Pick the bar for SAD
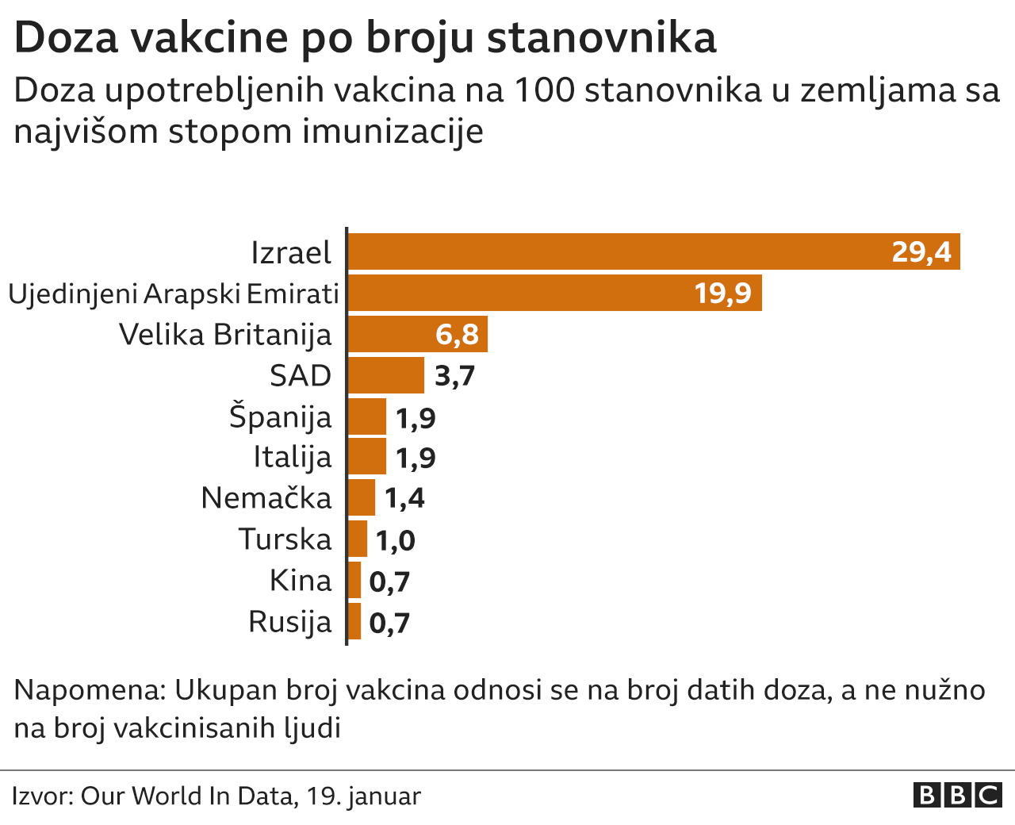(x=386, y=375)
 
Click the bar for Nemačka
(x=362, y=497)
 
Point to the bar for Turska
(x=358, y=539)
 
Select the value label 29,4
(x=921, y=251)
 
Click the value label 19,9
(x=722, y=294)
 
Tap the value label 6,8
(x=457, y=335)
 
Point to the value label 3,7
(x=454, y=376)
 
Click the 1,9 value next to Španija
(x=416, y=417)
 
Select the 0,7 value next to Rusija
(x=389, y=623)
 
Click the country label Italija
(x=292, y=457)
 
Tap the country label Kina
(x=301, y=581)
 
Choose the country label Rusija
(x=289, y=621)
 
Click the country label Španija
(x=280, y=416)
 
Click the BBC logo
(x=957, y=795)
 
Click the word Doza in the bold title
(x=66, y=37)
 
